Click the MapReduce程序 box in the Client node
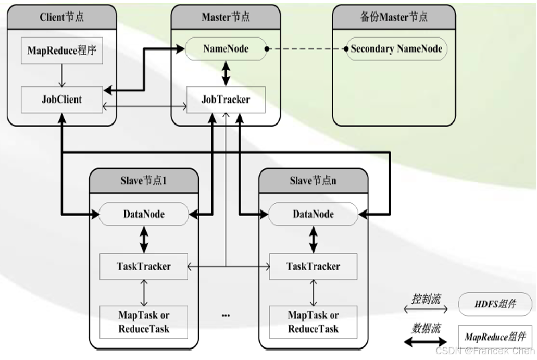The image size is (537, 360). [61, 51]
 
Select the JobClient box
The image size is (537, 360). [61, 99]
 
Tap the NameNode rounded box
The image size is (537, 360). [226, 49]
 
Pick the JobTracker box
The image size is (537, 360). [226, 99]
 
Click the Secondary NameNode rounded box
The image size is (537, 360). [396, 49]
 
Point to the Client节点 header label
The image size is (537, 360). [61, 17]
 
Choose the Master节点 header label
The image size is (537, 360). [226, 17]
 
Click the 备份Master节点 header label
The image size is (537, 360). [394, 17]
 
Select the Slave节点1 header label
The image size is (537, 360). [143, 181]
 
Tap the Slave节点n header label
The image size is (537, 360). [313, 181]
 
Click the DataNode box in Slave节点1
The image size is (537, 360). [144, 214]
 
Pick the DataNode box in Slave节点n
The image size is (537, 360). [313, 214]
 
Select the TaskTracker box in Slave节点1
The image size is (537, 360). [144, 266]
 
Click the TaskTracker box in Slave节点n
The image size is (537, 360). [313, 266]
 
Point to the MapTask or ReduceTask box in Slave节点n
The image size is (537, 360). [313, 322]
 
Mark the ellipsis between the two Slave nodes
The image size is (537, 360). [226, 315]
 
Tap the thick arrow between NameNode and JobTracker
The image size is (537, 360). [226, 73]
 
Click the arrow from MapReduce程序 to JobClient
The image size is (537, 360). [61, 76]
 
